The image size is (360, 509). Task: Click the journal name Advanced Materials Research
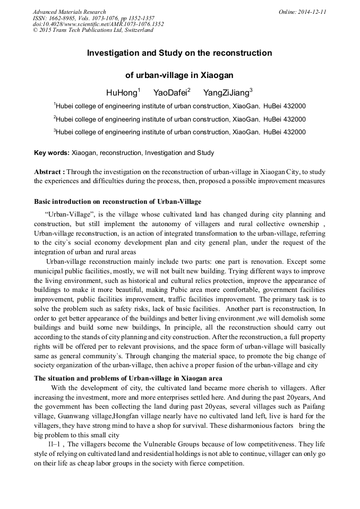click(70, 12)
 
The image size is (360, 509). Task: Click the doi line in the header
click(98, 24)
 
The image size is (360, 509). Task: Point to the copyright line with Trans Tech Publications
click(93, 30)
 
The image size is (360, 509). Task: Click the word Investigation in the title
click(114, 53)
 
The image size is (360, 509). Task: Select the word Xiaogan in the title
click(215, 75)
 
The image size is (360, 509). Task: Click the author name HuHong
click(122, 93)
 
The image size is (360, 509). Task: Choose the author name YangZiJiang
click(226, 93)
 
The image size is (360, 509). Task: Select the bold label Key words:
click(52, 153)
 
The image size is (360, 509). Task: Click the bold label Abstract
click(48, 172)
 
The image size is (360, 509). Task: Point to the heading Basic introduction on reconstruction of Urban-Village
click(117, 202)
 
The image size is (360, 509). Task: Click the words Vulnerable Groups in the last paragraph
click(170, 444)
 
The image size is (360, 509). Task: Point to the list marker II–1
click(56, 444)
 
